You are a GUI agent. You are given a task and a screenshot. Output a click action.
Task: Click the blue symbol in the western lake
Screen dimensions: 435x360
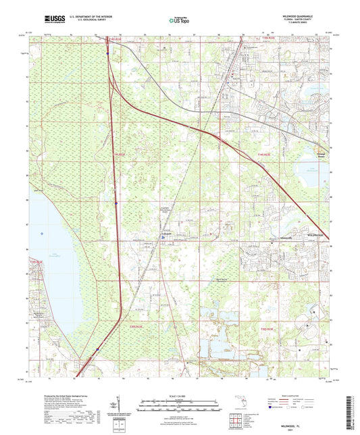42,234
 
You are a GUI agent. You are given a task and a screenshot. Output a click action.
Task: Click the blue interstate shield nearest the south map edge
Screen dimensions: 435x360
98,349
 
